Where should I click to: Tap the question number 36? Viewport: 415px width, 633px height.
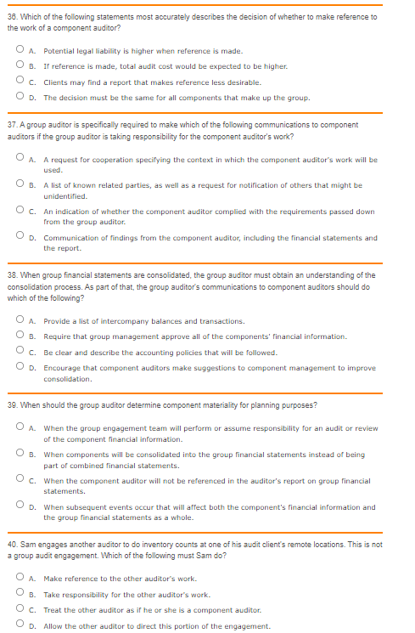point(12,16)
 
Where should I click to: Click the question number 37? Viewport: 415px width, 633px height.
point(12,125)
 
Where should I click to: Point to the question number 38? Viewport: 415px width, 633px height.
point(12,274)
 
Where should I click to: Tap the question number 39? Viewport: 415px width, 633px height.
point(12,404)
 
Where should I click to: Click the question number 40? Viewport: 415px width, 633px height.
point(12,544)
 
